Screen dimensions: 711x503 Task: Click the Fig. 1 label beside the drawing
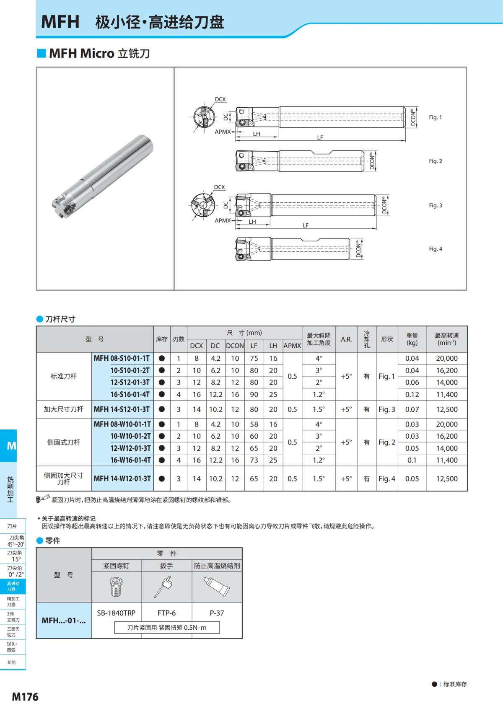(x=435, y=117)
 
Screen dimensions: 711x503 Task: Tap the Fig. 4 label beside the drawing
(x=435, y=249)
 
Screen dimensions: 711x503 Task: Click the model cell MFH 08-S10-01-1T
(x=122, y=358)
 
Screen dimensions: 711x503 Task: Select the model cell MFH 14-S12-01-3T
(x=122, y=409)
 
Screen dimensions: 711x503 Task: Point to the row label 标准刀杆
(x=64, y=376)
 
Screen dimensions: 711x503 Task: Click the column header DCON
(x=235, y=346)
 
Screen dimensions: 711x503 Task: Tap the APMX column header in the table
(x=292, y=346)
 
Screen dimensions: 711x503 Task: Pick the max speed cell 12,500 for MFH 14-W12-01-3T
(x=447, y=478)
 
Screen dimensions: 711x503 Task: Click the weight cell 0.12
(x=412, y=394)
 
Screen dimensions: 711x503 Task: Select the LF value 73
(x=254, y=460)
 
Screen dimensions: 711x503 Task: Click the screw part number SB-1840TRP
(x=116, y=613)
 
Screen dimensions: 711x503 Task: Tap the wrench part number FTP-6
(x=166, y=613)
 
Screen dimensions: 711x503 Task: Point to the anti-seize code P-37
(x=217, y=613)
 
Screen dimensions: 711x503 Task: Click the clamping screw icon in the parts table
(x=116, y=587)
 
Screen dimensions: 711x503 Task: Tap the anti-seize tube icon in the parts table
(x=216, y=586)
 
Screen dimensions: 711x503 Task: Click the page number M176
(x=25, y=697)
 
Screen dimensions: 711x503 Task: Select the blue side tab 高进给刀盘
(x=13, y=586)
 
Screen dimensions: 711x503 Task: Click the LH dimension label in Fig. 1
(x=257, y=134)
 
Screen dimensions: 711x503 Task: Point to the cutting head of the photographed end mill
(x=63, y=205)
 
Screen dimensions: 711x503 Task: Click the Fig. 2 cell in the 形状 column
(x=386, y=442)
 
